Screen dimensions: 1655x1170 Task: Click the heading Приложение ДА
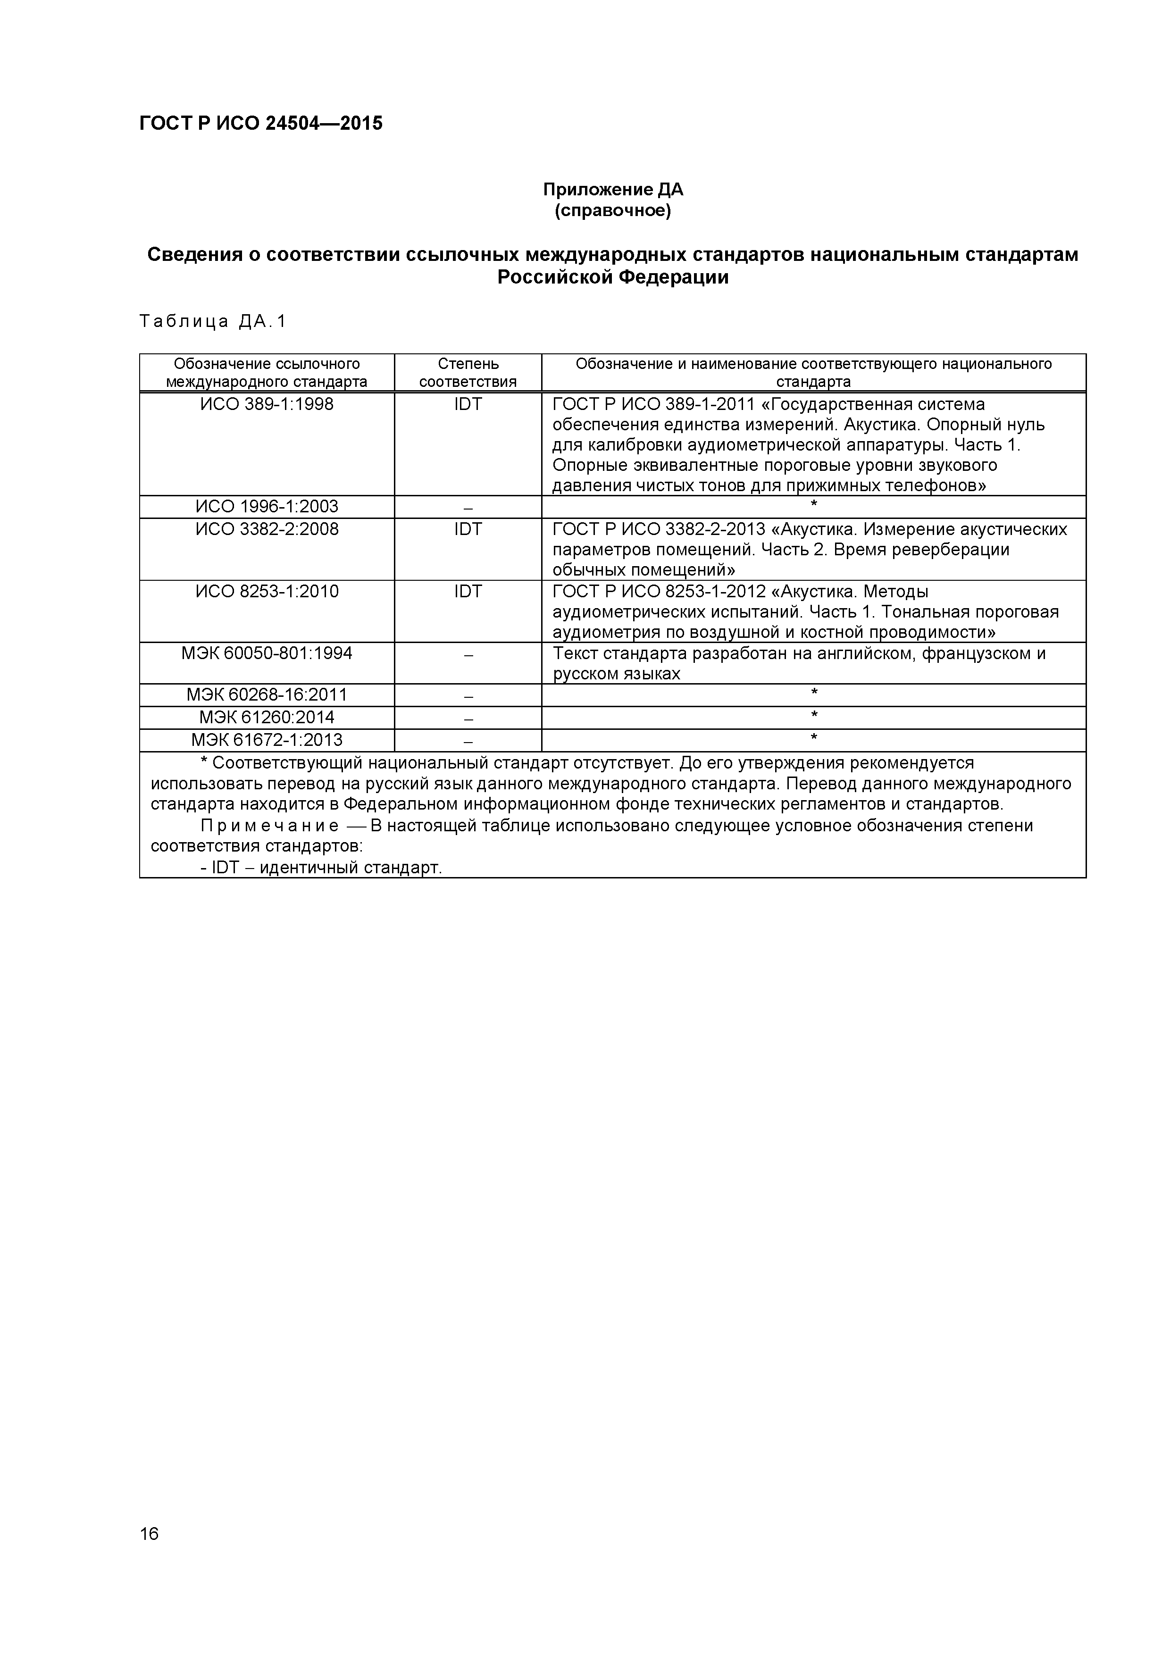(x=613, y=190)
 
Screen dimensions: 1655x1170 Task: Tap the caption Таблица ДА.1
(x=213, y=321)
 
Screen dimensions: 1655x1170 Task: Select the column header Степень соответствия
(x=468, y=373)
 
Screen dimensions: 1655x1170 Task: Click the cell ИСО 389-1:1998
(x=267, y=404)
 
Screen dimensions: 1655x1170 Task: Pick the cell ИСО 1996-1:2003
(x=267, y=507)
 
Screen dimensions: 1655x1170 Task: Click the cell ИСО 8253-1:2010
(x=267, y=592)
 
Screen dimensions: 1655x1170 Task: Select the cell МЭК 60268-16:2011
(x=267, y=695)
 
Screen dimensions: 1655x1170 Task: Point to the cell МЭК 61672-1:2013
(x=267, y=740)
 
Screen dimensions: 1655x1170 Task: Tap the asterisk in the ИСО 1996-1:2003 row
(x=814, y=505)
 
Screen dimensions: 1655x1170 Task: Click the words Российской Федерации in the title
(x=613, y=277)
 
